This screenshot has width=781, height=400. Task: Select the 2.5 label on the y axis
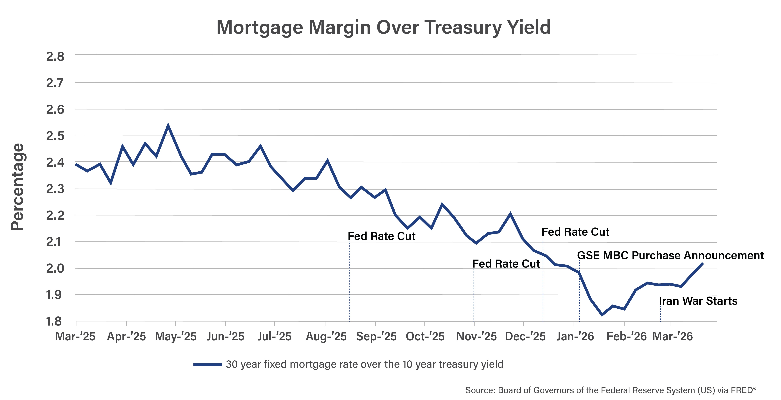[x=55, y=136]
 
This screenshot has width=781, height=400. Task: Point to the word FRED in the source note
[x=741, y=390]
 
